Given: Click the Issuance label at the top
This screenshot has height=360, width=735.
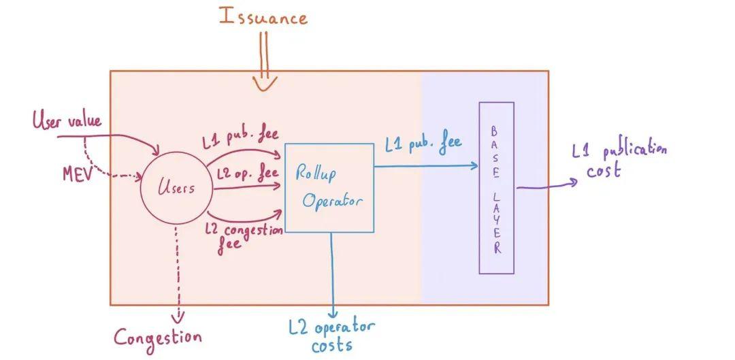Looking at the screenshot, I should (x=263, y=16).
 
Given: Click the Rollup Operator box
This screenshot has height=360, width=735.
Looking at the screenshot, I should (x=329, y=188).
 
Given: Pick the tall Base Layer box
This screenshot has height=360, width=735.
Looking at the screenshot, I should (x=496, y=188).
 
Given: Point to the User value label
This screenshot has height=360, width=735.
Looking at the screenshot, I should (x=67, y=122).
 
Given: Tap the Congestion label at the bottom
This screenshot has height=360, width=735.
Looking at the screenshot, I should (x=157, y=337).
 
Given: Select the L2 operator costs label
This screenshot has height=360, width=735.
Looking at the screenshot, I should (x=332, y=336).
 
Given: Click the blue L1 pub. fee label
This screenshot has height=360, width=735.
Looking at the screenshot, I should (x=423, y=144).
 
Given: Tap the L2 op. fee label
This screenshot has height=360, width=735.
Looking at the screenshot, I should (x=246, y=174).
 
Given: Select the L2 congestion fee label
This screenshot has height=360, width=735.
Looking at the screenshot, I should (x=243, y=235).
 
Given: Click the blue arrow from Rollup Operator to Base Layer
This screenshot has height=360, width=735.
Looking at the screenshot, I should (x=425, y=165).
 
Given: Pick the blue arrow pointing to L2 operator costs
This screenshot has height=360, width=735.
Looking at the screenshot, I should (x=331, y=272).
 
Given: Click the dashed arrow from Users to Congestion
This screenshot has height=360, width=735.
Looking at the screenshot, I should (x=178, y=272).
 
